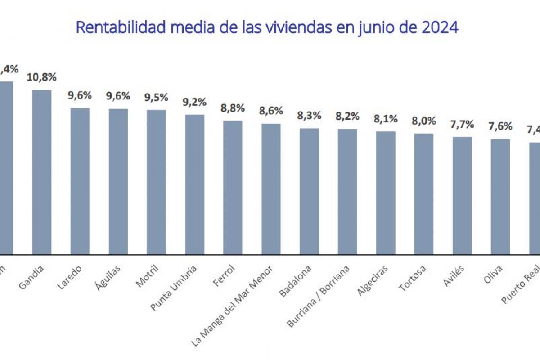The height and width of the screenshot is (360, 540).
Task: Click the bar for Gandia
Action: pos(41,172)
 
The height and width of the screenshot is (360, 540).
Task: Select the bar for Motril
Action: pos(156,182)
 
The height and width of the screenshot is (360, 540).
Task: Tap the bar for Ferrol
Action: pos(233,187)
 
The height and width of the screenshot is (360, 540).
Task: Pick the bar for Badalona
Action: pos(309,191)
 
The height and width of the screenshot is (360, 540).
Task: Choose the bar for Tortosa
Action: pos(424,193)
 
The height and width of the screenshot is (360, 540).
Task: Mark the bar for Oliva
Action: pos(500,197)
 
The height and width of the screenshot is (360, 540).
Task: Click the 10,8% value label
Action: pos(42,77)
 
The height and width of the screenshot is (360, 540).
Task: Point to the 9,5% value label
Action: pos(156,97)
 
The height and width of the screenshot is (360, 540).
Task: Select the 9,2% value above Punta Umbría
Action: pos(194,102)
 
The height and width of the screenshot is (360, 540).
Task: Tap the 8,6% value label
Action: pos(271,111)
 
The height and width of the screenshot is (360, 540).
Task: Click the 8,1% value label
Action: pos(386,119)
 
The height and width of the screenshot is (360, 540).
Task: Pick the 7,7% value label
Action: pos(462,124)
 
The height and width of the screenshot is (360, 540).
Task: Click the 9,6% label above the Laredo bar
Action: pos(80,95)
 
